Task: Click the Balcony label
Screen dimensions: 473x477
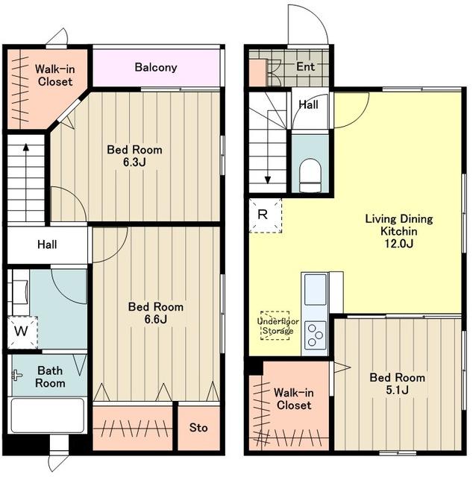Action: (156, 67)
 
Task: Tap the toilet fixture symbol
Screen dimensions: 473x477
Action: (310, 176)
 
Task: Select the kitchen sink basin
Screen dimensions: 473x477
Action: (316, 289)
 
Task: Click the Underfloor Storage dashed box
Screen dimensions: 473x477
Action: (275, 325)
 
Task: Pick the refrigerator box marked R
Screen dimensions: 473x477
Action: (266, 215)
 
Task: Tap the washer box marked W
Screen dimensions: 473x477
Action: (22, 332)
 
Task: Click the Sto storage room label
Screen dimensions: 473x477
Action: (198, 428)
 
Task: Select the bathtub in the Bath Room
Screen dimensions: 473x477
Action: (48, 415)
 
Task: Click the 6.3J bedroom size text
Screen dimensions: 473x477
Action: (134, 162)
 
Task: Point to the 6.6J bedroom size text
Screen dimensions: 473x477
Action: (156, 320)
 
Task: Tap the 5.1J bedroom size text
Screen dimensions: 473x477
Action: (397, 391)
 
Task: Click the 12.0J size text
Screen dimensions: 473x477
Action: (399, 244)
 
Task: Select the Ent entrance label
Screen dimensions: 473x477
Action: (305, 66)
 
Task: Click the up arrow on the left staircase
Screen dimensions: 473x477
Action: (26, 182)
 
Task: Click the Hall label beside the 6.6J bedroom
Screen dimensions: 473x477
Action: (47, 244)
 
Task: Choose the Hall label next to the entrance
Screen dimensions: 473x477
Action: (309, 104)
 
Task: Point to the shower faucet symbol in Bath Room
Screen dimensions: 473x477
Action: (16, 376)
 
